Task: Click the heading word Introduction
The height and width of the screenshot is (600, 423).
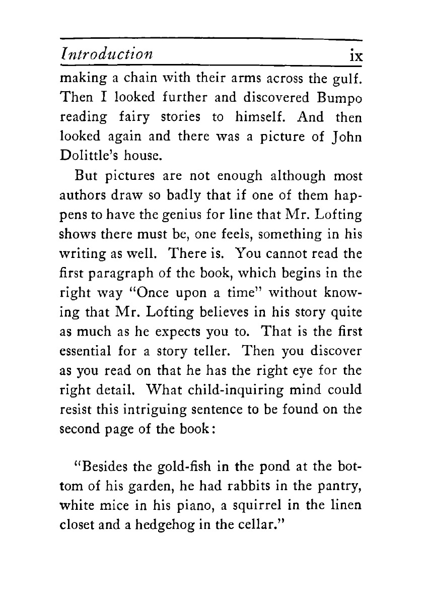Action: [x=106, y=53]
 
